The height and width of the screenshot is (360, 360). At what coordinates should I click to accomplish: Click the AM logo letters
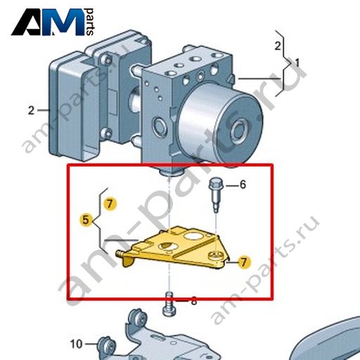pos(48,22)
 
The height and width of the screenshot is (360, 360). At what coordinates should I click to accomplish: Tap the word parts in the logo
pos(90,22)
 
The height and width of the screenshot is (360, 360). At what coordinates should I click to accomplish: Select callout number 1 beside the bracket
pos(297,63)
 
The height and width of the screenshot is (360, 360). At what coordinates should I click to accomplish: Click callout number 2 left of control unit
pos(31,110)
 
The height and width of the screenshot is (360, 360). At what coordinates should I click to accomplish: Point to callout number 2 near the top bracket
pos(278,46)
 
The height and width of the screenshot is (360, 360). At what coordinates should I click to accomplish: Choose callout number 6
pos(243,185)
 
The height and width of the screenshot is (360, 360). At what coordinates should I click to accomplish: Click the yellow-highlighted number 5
pos(86,220)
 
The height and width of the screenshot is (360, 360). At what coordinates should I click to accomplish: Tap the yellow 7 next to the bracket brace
pos(110,204)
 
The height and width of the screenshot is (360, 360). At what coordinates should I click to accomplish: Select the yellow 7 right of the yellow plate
pos(244,262)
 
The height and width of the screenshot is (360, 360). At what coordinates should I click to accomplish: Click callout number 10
pos(77,344)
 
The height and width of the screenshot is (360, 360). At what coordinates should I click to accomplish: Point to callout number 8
pos(194,301)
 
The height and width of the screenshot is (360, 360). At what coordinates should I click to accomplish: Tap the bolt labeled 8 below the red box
pos(169,304)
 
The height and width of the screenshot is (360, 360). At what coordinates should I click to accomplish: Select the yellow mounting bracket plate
pos(174,248)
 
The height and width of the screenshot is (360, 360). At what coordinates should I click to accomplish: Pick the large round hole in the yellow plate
pos(192,236)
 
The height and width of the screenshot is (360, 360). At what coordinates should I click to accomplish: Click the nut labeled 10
pos(107,347)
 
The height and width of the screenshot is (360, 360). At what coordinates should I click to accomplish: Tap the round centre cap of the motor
pos(240,131)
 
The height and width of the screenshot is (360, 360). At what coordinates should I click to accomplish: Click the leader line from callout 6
pos(232,186)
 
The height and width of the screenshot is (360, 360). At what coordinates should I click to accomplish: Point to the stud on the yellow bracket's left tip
pos(120,253)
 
